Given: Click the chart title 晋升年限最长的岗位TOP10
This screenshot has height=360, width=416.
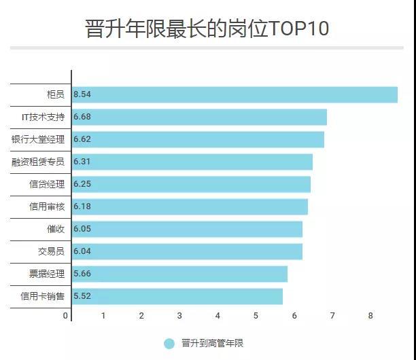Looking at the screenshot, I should click(x=207, y=29).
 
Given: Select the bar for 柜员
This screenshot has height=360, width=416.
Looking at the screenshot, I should click(x=235, y=94).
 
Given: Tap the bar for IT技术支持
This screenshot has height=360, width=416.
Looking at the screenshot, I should click(x=199, y=117).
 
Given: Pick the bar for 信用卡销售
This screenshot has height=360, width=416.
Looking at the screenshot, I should click(x=177, y=296).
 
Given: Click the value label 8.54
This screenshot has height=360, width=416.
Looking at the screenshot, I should click(x=82, y=94).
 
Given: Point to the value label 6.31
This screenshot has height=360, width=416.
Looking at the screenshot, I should click(x=82, y=162).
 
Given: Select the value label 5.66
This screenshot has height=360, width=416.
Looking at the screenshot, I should click(x=82, y=274).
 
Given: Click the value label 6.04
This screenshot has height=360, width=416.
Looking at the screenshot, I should click(x=82, y=251).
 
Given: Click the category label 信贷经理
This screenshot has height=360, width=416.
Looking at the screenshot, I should click(x=47, y=184).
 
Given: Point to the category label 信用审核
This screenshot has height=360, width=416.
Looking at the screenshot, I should click(x=47, y=206).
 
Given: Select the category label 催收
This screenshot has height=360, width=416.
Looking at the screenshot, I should click(x=56, y=229).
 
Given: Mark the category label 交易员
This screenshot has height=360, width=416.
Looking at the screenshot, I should click(x=51, y=251).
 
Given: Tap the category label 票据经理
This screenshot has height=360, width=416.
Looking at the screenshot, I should click(x=47, y=274).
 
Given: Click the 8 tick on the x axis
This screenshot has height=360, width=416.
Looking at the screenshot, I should click(x=371, y=316).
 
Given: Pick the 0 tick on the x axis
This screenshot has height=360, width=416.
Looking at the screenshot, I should click(x=66, y=316).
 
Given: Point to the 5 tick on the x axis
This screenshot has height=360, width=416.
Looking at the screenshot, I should click(x=256, y=316).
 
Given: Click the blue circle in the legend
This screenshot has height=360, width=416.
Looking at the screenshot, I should click(x=169, y=344).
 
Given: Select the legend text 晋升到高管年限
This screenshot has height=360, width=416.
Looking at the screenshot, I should click(x=212, y=344).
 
